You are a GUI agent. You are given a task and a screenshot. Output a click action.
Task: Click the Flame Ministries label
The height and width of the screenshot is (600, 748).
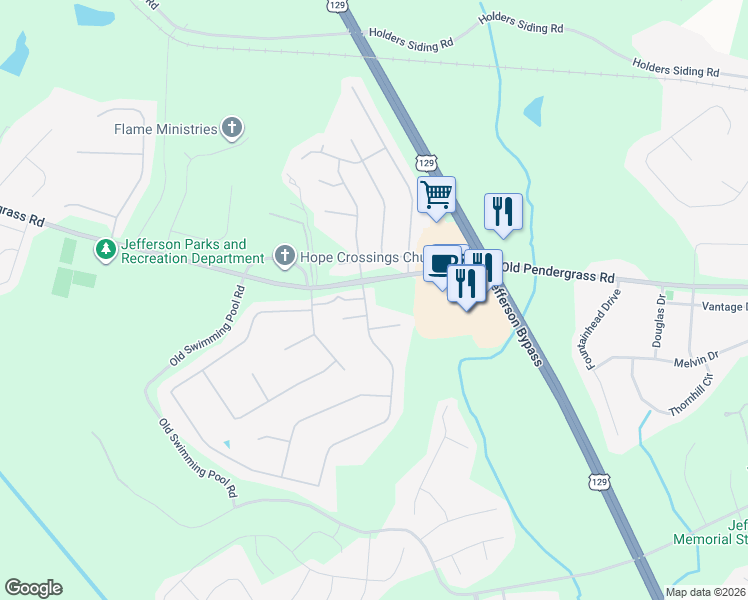(165, 129)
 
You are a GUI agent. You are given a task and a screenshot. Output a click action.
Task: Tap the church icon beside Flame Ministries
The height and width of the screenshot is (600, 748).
(232, 128)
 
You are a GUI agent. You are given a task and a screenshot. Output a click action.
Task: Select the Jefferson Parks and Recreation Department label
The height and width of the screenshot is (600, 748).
(183, 251)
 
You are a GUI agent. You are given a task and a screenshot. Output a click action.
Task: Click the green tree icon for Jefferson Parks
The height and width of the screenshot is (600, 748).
(104, 248)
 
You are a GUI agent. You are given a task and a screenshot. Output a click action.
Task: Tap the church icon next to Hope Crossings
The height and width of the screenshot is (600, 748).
(284, 257)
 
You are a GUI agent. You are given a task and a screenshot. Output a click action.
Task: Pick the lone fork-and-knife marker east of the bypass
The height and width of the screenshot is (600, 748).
(502, 211)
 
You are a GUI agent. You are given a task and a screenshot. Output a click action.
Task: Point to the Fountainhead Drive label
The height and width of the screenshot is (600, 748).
(604, 329)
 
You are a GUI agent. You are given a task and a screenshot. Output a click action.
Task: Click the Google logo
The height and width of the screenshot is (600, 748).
(33, 588)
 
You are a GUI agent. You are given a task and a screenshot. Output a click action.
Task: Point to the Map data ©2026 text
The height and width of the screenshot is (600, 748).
(705, 592)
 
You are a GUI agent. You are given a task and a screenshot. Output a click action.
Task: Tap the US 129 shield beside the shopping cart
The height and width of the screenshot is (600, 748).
(425, 162)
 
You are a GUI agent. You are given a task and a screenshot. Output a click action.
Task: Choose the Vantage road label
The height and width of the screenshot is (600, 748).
(724, 307)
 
